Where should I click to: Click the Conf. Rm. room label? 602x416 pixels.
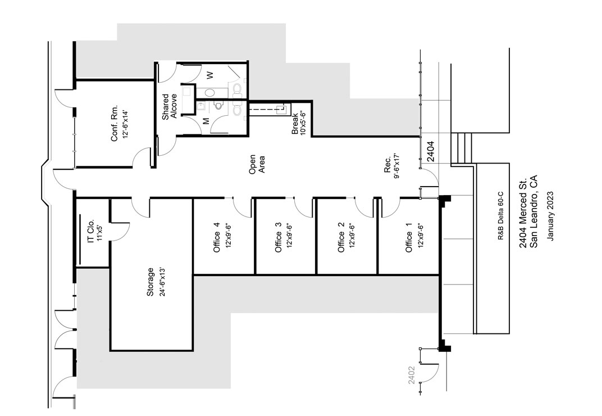pos(115,124)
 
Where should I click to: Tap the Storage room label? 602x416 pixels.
pos(150,282)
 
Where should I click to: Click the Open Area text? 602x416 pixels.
pos(257,164)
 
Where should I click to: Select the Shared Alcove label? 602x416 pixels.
pos(170,106)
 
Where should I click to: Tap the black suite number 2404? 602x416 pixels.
pos(431,151)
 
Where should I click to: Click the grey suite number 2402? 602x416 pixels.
pos(412,375)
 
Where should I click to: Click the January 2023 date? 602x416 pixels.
pos(551,216)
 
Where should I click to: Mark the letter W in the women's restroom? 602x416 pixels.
pos(209,75)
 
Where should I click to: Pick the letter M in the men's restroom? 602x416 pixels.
pos(206,121)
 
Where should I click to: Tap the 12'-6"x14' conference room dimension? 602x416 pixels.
pos(125,124)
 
